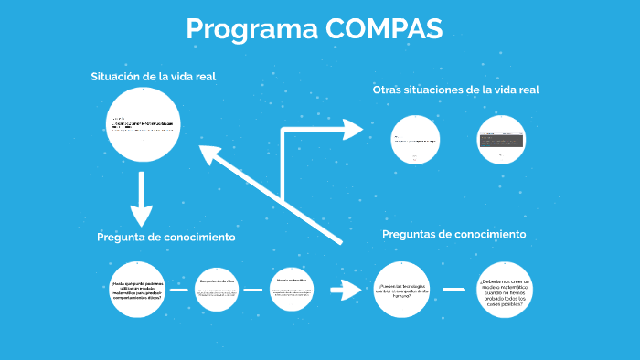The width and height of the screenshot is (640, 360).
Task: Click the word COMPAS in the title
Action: [384, 28]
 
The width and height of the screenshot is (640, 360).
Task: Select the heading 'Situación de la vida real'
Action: [153, 77]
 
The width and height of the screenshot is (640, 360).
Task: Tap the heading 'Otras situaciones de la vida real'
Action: [455, 90]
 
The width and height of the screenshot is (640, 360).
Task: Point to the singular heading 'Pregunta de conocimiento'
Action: [166, 238]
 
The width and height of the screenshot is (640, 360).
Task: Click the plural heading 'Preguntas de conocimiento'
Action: [453, 235]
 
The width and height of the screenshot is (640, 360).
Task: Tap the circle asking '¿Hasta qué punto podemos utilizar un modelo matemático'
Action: [140, 289]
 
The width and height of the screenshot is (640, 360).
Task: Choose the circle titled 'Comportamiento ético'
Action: [217, 289]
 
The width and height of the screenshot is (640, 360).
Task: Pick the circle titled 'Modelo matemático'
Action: [292, 289]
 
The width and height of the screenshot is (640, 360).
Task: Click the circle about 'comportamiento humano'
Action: [401, 289]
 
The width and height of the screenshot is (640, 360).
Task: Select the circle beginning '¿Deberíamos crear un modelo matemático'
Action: [505, 289]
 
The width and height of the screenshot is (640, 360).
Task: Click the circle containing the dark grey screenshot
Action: [505, 140]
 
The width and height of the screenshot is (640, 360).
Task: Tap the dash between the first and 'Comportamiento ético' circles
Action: [179, 290]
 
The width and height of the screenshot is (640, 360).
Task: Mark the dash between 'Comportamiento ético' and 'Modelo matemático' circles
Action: [253, 290]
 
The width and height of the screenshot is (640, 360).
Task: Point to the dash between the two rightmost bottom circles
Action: [453, 290]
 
